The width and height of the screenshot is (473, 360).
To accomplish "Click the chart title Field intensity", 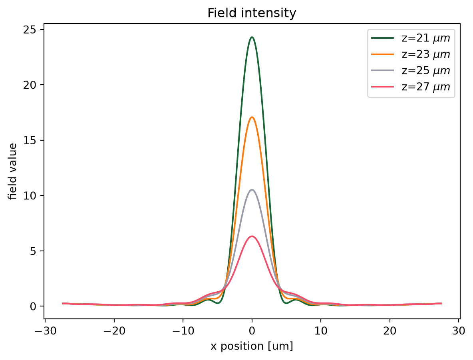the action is (x=252, y=13).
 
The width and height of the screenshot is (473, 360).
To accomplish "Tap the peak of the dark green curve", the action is (x=252, y=37).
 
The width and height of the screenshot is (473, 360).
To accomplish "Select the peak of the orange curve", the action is (x=252, y=117).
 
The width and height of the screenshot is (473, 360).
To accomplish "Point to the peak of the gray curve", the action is (x=252, y=189).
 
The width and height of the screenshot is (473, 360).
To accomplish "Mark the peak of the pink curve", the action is (x=252, y=236).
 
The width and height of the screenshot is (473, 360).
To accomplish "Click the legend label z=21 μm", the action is (x=425, y=38).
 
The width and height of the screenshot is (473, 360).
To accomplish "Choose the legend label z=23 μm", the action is (x=425, y=54).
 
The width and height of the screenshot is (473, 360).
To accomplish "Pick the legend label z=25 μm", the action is (x=425, y=71).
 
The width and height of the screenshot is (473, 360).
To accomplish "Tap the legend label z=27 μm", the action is (x=425, y=87).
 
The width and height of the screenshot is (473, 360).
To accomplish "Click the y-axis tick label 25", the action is (x=29, y=30).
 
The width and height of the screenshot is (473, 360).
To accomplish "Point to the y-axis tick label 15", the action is (x=29, y=140).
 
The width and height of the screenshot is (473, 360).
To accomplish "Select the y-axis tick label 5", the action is (x=33, y=251).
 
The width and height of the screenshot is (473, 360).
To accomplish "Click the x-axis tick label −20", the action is (x=114, y=331).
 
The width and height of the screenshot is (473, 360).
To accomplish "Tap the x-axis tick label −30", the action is (x=45, y=331).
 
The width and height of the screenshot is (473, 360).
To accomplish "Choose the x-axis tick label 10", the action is (x=321, y=331).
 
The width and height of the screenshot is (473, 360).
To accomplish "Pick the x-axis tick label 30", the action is (x=459, y=331).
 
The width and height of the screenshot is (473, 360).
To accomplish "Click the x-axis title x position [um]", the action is (x=252, y=346).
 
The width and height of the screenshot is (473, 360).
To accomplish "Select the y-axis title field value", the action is (x=13, y=171).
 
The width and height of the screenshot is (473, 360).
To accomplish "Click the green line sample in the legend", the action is (x=382, y=38).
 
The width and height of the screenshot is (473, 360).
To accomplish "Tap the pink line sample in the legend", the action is (x=382, y=87).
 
